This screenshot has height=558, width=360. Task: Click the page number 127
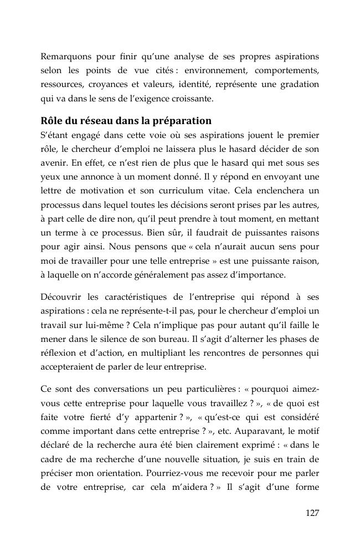pos(312,513)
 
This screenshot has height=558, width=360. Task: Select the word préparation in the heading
pos(181,120)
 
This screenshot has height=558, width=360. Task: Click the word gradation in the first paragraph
pos(300,84)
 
